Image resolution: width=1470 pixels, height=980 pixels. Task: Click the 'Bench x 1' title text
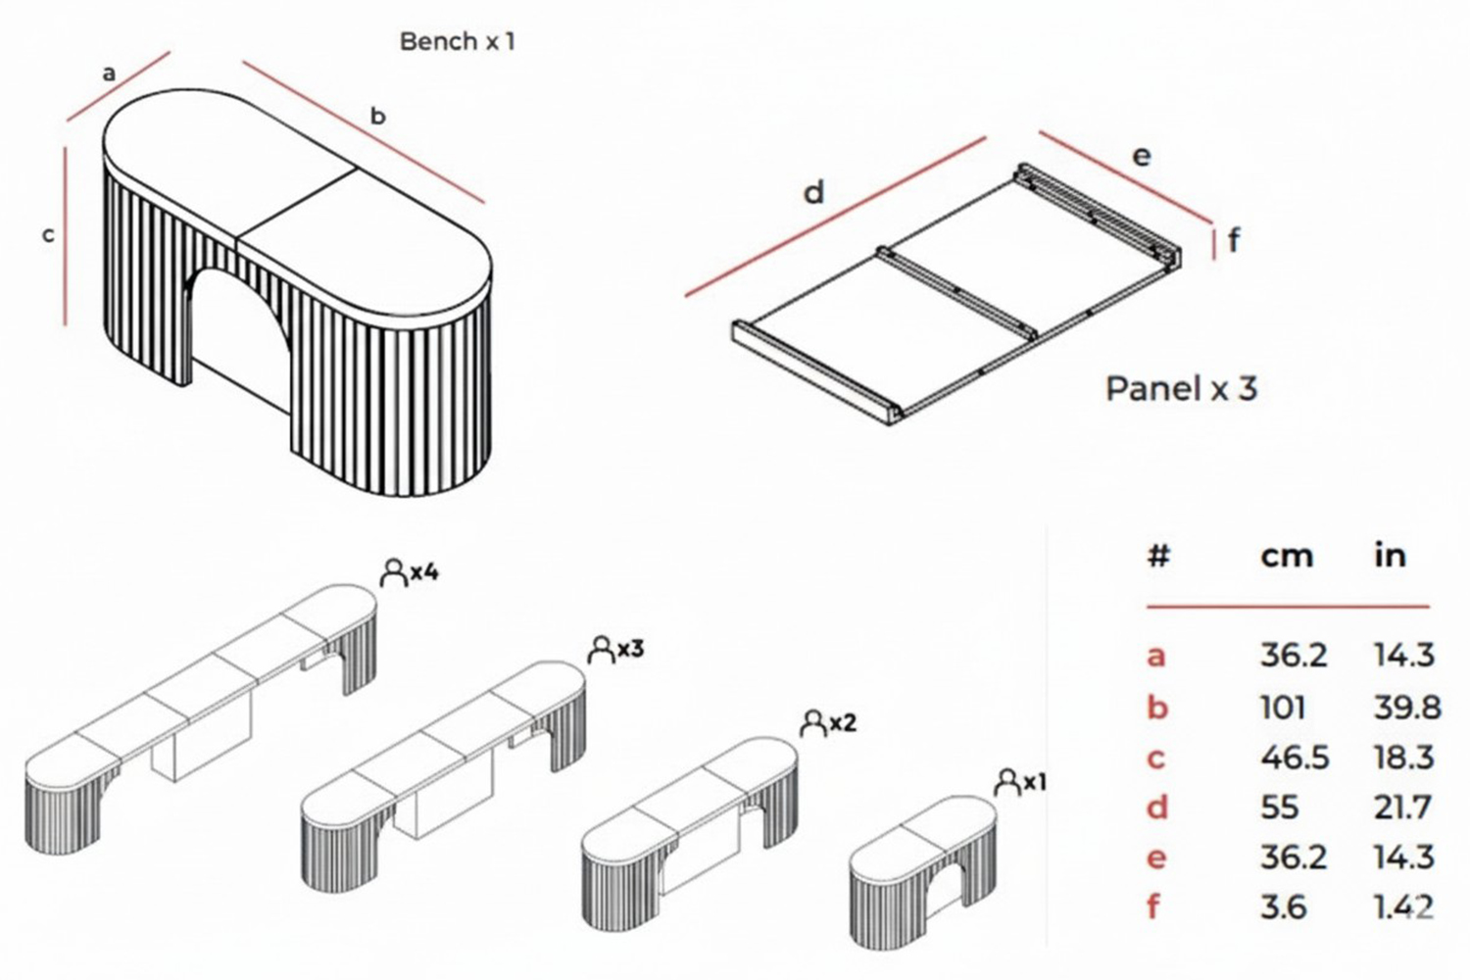click(457, 41)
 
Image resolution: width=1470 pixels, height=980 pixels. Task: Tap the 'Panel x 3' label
click(1181, 389)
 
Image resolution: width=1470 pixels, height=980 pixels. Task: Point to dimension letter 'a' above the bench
click(109, 73)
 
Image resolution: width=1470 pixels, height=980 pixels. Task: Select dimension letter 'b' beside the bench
click(377, 116)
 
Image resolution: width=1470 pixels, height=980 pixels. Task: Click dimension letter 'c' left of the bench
click(47, 235)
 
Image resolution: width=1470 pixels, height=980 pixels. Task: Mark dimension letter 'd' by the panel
click(813, 193)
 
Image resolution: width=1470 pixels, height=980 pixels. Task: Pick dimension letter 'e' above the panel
click(1142, 156)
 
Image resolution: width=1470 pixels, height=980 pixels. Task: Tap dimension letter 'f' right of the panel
click(1233, 239)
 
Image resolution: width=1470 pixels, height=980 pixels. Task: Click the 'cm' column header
click(1286, 556)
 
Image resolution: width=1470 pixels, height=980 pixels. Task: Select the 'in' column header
click(1390, 555)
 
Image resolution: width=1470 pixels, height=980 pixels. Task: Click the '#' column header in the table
click(1158, 556)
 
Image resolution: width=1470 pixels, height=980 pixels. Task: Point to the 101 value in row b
click(1282, 707)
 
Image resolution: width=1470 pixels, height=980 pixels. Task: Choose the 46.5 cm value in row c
click(1294, 758)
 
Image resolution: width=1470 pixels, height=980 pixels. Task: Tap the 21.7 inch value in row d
click(1402, 808)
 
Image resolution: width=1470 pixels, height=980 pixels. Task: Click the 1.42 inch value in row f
click(1403, 907)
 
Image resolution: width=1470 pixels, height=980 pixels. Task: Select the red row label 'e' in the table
click(1156, 858)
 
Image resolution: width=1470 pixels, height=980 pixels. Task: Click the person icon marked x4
click(393, 572)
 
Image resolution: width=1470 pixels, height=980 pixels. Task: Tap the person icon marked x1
click(1006, 782)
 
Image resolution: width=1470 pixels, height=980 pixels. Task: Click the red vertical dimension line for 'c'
click(66, 235)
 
